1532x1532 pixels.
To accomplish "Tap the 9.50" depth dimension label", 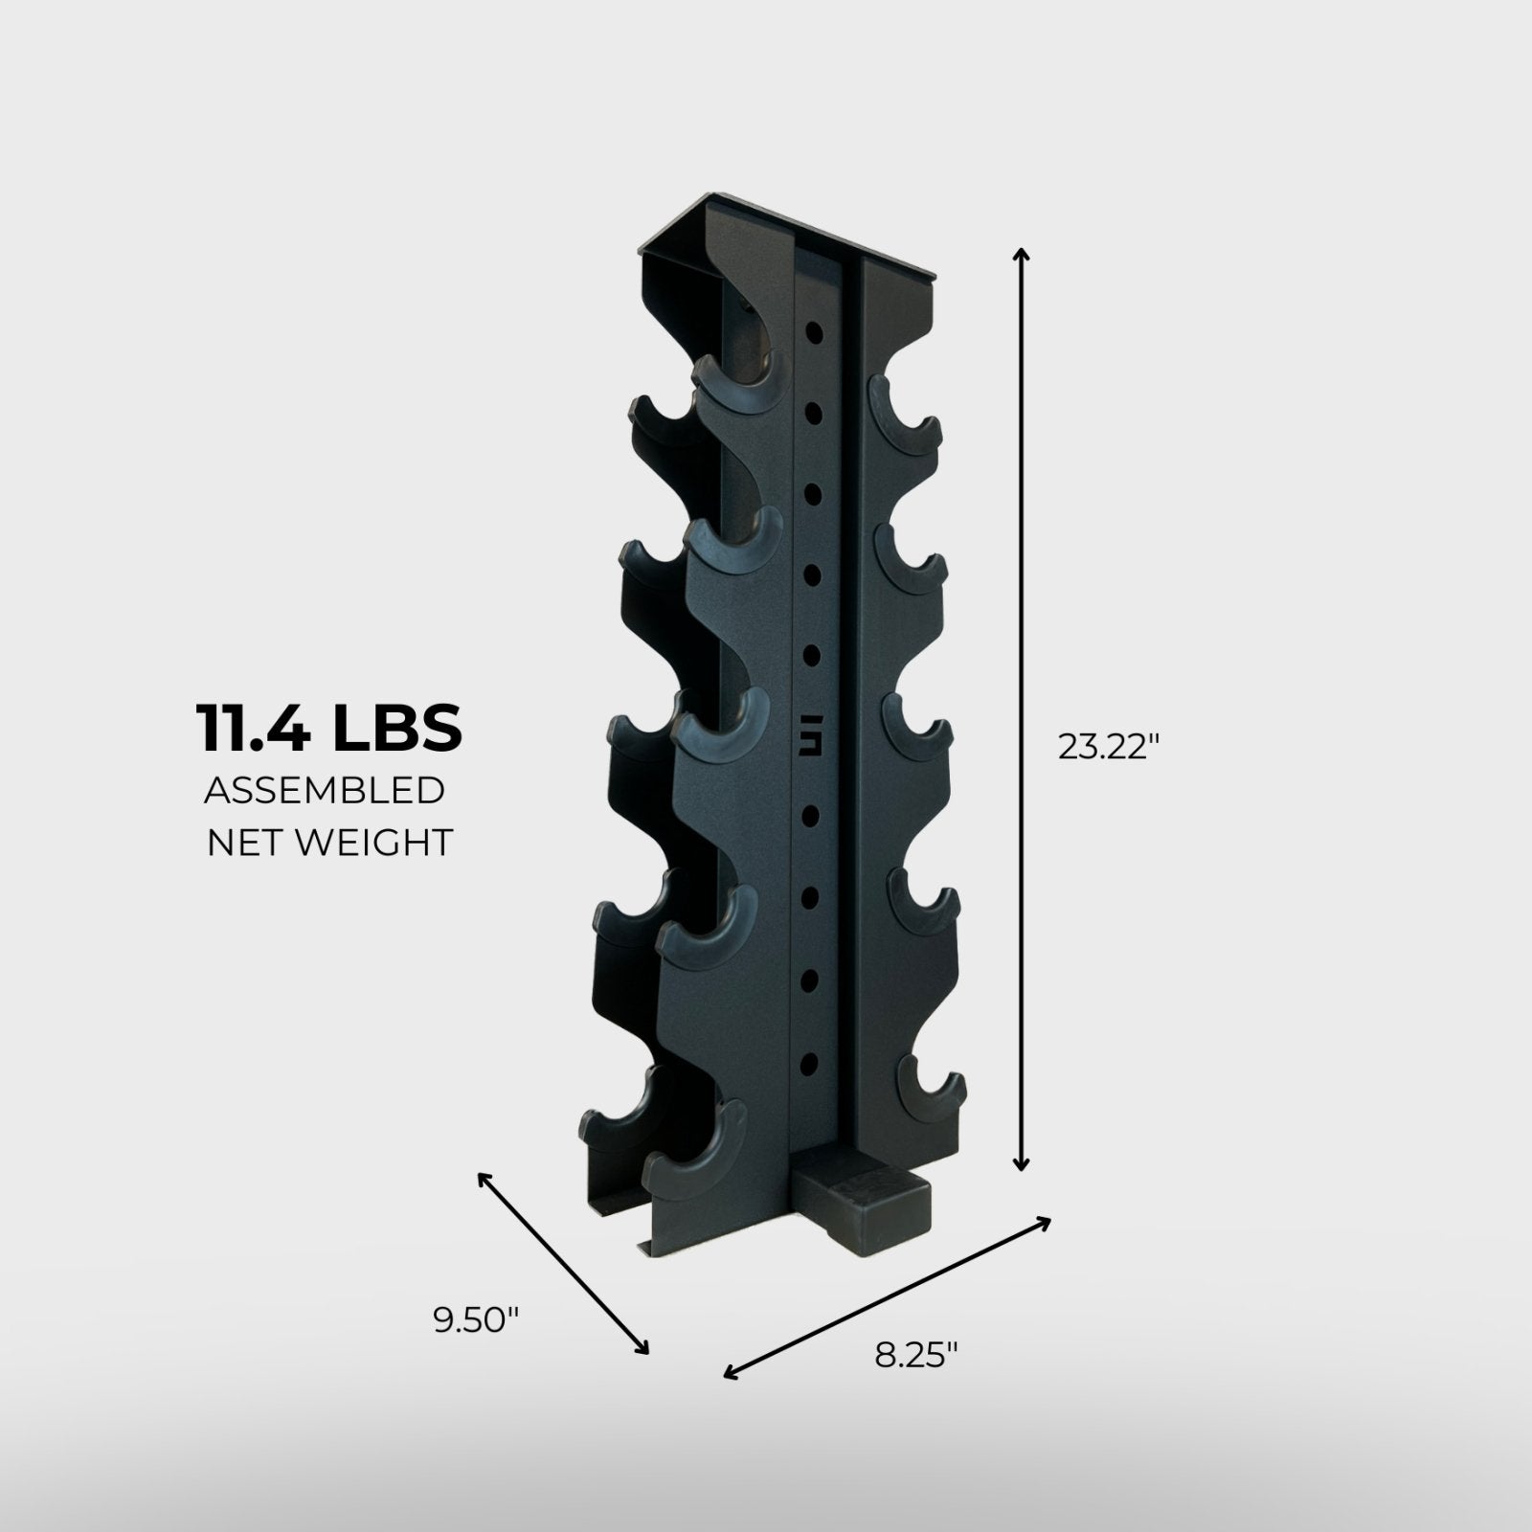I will coord(476,1320).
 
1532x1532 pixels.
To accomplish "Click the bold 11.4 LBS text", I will coord(329,728).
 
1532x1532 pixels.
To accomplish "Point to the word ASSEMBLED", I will coord(324,791).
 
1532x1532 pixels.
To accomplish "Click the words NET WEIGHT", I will coord(329,843).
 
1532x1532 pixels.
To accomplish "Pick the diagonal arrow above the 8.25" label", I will coord(887,1297).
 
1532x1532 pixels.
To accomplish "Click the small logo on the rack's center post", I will coord(816,744).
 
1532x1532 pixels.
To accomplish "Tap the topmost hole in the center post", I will coord(815,331).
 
